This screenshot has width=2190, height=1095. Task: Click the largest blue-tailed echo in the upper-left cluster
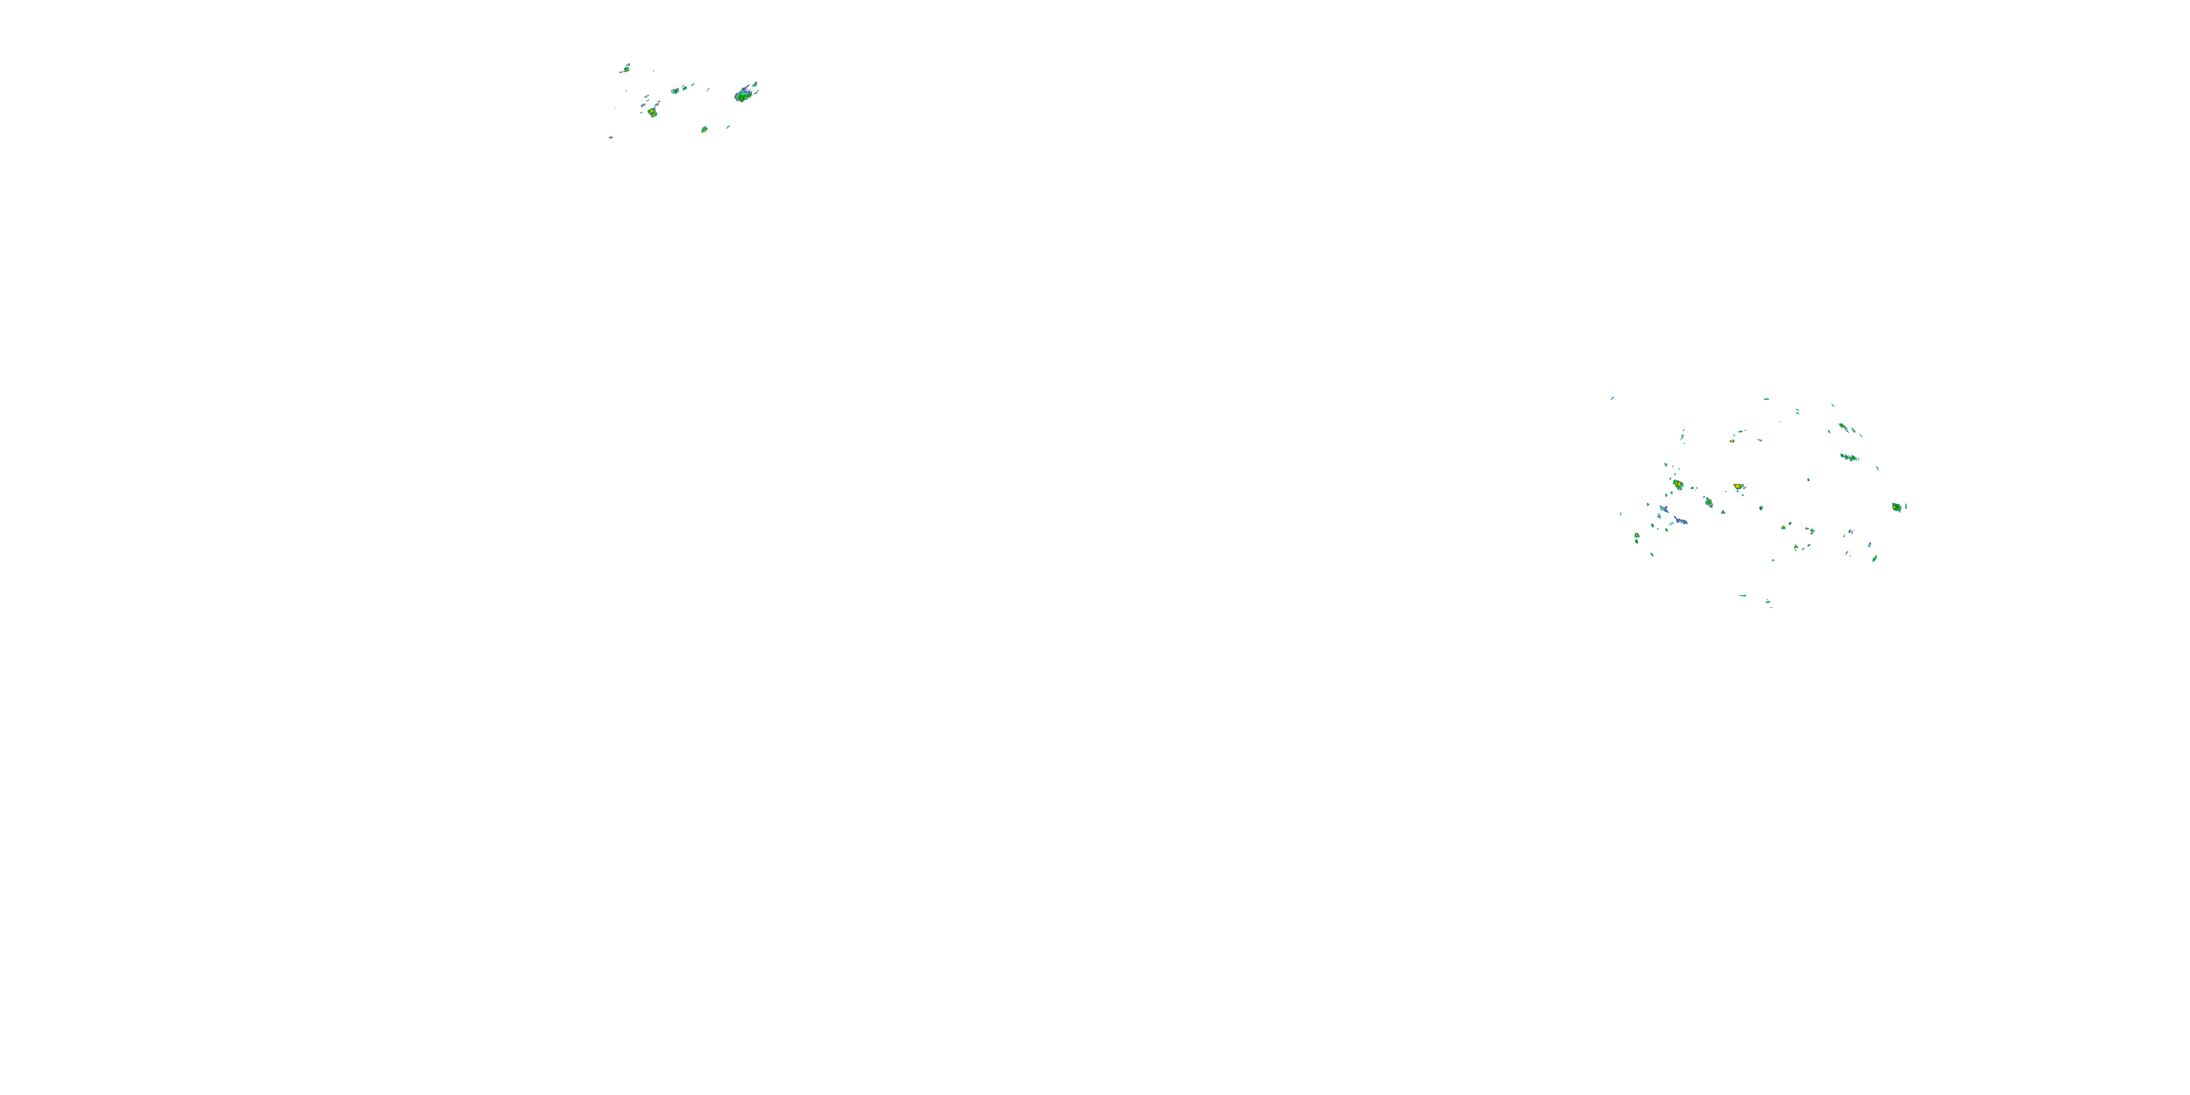click(745, 93)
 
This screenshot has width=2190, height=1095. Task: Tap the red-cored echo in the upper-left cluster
click(652, 112)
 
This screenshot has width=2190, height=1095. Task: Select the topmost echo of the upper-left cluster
click(626, 67)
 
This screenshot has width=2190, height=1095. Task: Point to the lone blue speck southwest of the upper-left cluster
click(610, 137)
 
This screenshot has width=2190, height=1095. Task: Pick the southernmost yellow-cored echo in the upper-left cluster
click(704, 129)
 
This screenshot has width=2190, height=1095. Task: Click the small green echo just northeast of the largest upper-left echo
click(755, 84)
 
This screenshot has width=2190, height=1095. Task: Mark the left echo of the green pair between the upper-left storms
click(675, 90)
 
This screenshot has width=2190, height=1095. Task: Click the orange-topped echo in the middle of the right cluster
click(1739, 487)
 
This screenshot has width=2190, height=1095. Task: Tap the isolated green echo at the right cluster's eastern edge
click(1896, 507)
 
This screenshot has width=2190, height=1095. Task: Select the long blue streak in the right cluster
click(1680, 520)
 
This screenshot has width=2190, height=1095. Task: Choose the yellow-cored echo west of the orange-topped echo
click(1678, 485)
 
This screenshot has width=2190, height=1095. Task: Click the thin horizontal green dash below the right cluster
click(1742, 595)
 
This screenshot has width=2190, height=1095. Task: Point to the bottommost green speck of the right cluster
click(1770, 604)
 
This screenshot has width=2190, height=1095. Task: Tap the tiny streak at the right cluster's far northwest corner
click(1612, 398)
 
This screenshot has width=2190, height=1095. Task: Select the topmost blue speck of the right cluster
click(1766, 399)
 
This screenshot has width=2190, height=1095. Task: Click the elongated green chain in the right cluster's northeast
click(1849, 458)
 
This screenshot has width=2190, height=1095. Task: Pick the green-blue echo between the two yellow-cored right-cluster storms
click(1708, 502)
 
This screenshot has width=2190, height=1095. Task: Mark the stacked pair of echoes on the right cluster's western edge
click(1637, 537)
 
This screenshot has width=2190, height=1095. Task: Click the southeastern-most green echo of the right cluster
click(1875, 558)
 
